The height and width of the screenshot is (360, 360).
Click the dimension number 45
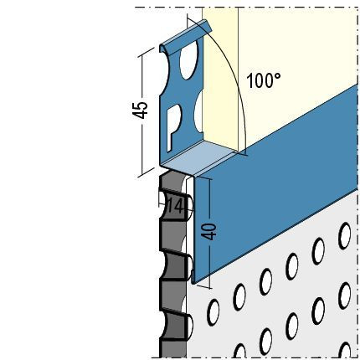pyautogui.click(x=140, y=110)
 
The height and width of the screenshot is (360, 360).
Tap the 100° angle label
pyautogui.click(x=264, y=80)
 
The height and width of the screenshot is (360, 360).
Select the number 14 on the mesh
pyautogui.click(x=174, y=207)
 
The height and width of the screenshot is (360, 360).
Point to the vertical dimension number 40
pyautogui.click(x=209, y=232)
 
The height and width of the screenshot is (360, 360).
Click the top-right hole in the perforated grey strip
pyautogui.click(x=344, y=236)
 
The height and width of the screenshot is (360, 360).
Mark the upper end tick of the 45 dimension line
pyautogui.click(x=145, y=53)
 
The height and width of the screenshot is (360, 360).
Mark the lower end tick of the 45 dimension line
pyautogui.click(x=146, y=172)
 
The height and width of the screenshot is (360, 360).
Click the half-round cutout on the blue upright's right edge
pyautogui.click(x=198, y=112)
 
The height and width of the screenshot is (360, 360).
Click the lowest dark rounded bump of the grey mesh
pyautogui.click(x=176, y=325)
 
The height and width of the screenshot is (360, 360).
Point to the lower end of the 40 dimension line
pyautogui.click(x=209, y=287)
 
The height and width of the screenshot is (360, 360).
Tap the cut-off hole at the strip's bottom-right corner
pyautogui.click(x=346, y=350)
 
